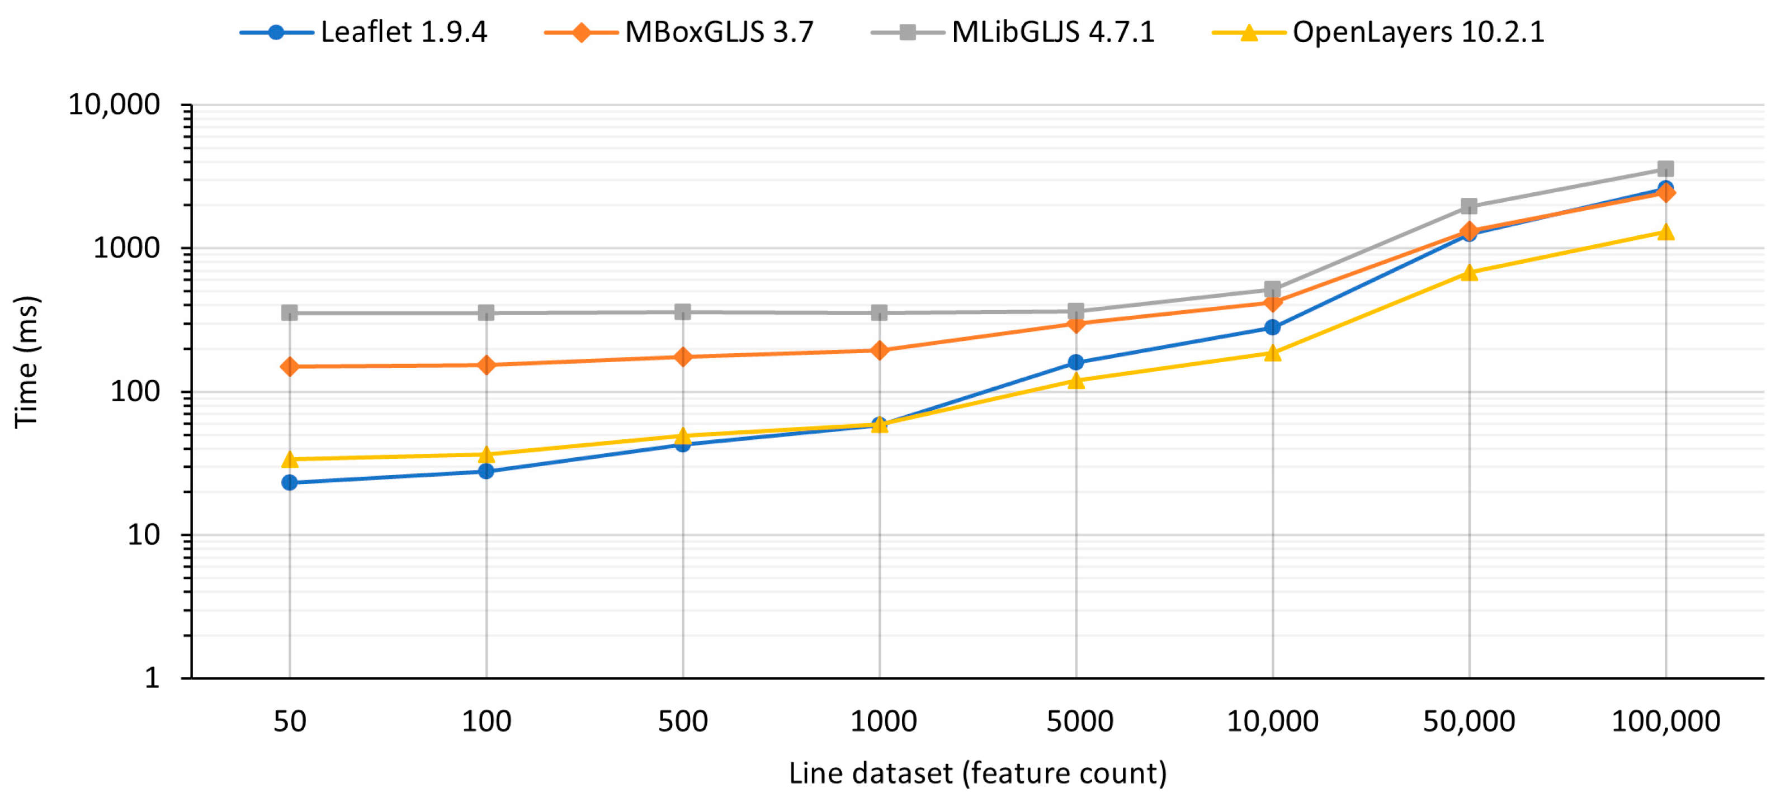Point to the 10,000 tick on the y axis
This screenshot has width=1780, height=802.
(x=115, y=105)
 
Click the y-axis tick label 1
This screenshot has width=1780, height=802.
(x=152, y=678)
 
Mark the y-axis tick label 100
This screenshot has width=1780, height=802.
(x=135, y=392)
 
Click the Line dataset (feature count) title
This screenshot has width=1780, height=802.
(x=978, y=773)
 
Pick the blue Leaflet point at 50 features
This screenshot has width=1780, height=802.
(x=290, y=483)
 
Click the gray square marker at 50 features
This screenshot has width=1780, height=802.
(x=290, y=313)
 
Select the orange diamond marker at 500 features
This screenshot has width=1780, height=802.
(x=683, y=357)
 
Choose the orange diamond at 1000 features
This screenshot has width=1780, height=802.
(x=879, y=351)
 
